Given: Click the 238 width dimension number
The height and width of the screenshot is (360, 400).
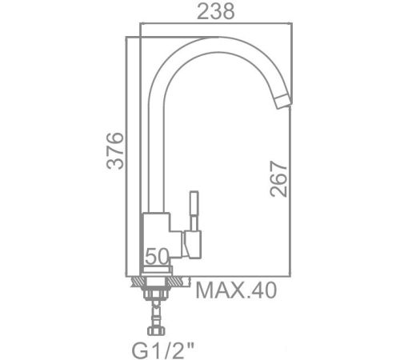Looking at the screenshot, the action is [x=216, y=11].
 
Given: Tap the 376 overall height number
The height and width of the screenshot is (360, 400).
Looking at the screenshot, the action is [x=115, y=150].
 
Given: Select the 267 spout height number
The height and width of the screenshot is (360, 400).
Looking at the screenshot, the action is [x=278, y=178].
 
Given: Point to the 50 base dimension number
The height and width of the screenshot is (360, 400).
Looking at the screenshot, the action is [x=157, y=256].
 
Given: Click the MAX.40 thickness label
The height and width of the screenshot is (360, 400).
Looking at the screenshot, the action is [x=236, y=290].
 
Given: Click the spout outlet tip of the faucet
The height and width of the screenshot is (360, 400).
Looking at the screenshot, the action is [x=283, y=102].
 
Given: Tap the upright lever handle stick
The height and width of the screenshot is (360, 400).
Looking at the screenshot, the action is [x=194, y=210].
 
